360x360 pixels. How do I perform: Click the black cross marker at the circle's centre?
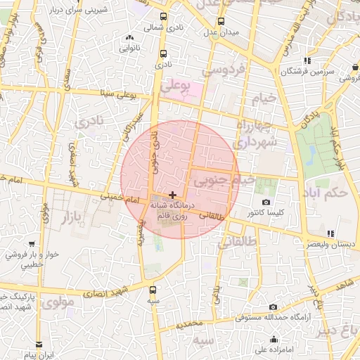(x=172, y=195)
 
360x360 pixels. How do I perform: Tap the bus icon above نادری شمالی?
(x=164, y=16)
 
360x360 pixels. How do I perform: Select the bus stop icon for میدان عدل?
(x=221, y=21)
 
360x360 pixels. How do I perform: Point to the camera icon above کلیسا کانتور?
(x=266, y=202)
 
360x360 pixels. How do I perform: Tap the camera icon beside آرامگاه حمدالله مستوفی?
(x=273, y=307)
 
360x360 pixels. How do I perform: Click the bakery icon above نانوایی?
(x=129, y=39)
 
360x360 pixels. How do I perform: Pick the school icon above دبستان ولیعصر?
(x=329, y=233)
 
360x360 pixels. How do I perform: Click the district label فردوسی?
(x=223, y=70)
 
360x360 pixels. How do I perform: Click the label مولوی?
(x=58, y=304)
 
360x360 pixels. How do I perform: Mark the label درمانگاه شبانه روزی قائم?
(x=172, y=212)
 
